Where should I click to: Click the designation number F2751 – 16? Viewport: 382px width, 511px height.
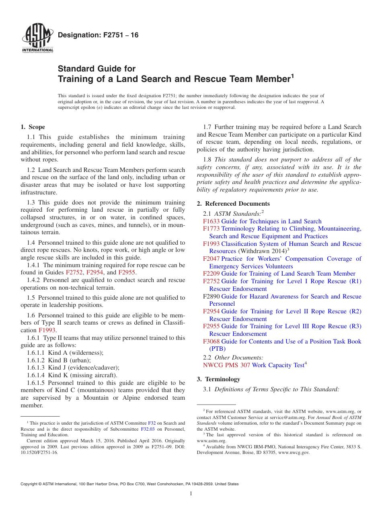(98, 35)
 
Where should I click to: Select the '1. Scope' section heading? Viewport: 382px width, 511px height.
(33, 127)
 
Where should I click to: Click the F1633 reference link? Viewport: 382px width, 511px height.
(211, 221)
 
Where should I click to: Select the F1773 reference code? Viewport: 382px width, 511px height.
(211, 229)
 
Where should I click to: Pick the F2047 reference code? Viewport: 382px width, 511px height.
(211, 259)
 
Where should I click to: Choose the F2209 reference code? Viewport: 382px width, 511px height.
(211, 274)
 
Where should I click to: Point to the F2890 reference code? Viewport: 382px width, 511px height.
(211, 296)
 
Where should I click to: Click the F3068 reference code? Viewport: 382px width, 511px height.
(211, 341)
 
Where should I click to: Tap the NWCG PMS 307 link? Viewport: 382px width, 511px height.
(226, 365)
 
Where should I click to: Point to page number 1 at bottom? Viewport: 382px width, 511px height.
(191, 493)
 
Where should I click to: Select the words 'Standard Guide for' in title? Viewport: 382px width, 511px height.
(97, 69)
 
